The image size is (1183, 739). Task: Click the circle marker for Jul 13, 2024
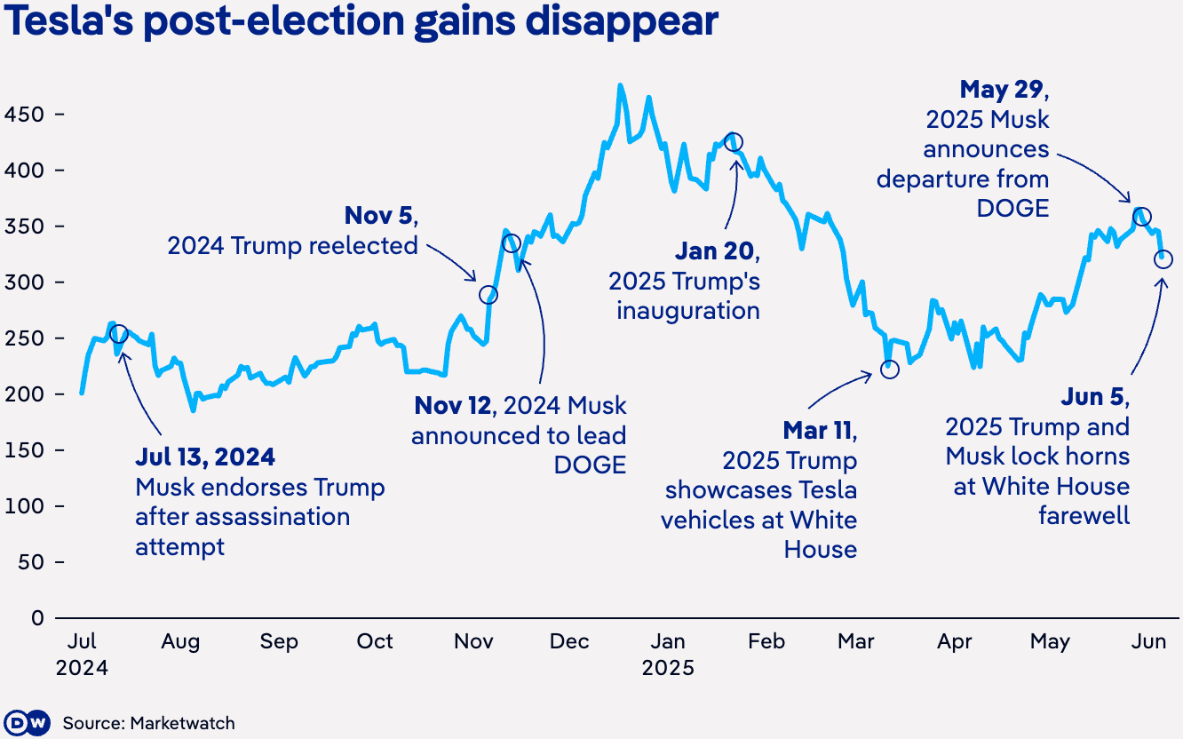pos(118,334)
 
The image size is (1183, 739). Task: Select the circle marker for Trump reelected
pos(488,294)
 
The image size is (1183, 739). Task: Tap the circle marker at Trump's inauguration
pos(734,142)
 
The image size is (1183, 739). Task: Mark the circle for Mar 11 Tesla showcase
pos(890,369)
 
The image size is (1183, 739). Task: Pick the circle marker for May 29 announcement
pos(1142,217)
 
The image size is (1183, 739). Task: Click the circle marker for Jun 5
pos(1163,259)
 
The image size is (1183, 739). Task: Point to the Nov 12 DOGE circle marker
pos(511,243)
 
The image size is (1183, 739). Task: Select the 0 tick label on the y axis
pos(37,617)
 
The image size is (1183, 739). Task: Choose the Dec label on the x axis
pos(569,641)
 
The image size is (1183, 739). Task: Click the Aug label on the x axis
pos(180,641)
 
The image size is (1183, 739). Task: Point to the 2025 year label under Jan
pos(668,668)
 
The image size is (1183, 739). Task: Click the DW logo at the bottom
pos(27,723)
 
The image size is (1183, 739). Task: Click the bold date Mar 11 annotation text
pos(818,431)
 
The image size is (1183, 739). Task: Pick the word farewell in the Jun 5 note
pos(1084,515)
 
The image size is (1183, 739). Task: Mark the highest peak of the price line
pos(620,86)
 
